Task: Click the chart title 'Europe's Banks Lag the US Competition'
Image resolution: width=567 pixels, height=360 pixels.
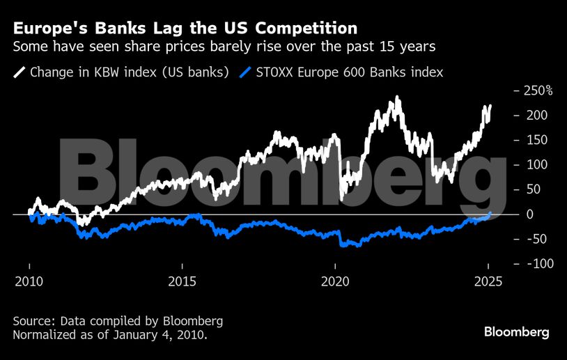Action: [x=185, y=29]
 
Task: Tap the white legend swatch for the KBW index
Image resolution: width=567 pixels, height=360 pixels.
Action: [x=20, y=72]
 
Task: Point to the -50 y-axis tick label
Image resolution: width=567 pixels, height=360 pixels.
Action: [x=533, y=239]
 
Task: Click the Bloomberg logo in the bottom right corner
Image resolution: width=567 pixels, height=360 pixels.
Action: [x=516, y=331]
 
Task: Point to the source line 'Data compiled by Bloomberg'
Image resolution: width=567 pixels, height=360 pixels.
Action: [x=118, y=321]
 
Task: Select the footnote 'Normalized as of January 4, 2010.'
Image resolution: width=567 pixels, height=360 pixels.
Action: [x=110, y=335]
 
